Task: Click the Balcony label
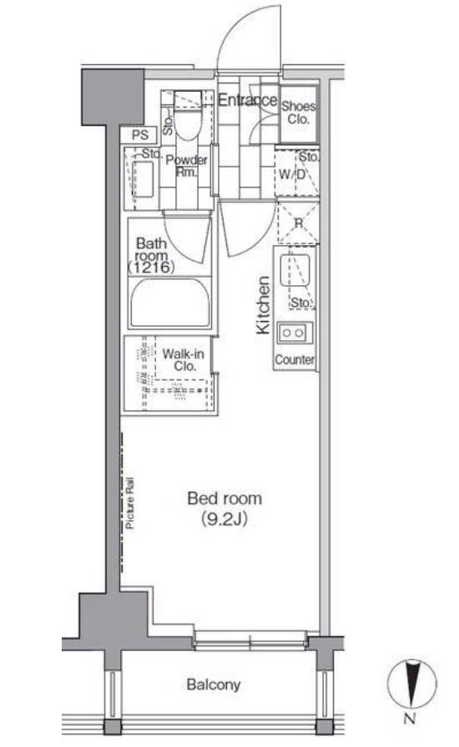214,685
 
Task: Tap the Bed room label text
224,499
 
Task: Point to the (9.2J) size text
224,519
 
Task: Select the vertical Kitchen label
263,305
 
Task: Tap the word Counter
295,359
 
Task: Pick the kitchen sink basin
295,271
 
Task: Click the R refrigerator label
299,223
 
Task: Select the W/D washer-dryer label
292,174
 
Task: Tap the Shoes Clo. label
298,113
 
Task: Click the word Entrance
247,100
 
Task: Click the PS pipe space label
140,135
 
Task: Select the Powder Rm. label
187,166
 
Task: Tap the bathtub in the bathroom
170,303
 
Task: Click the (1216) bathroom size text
151,268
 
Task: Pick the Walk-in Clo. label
184,360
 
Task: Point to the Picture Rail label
130,503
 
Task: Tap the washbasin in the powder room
143,179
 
